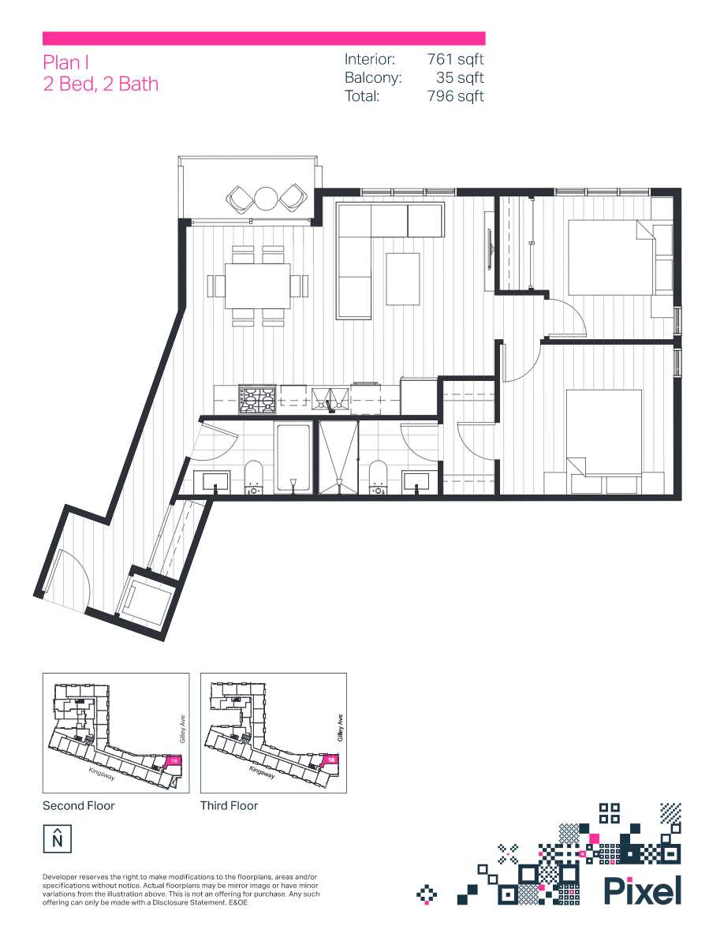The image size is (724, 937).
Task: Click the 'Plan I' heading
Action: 62,63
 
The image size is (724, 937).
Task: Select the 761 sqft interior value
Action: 455,59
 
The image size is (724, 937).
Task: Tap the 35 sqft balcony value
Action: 460,78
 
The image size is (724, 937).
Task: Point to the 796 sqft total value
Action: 455,96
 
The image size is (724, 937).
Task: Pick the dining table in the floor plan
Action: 257,286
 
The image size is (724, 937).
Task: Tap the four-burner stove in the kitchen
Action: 258,399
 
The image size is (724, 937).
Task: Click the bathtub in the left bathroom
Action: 293,458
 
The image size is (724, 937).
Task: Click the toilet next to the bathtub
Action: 253,477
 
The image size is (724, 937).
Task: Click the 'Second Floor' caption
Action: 78,806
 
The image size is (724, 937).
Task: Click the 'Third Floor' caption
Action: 230,806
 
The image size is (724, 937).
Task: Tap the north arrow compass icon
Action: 57,838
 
